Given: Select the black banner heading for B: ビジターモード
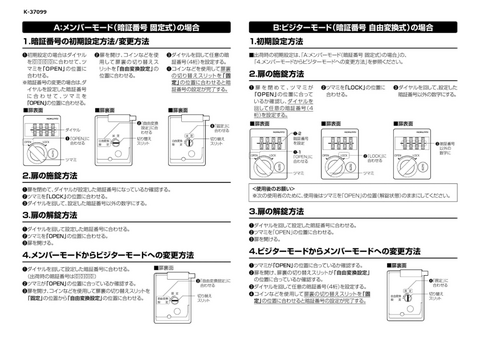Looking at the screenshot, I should point(356,24).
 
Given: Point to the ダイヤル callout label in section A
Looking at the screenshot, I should point(72,130).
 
